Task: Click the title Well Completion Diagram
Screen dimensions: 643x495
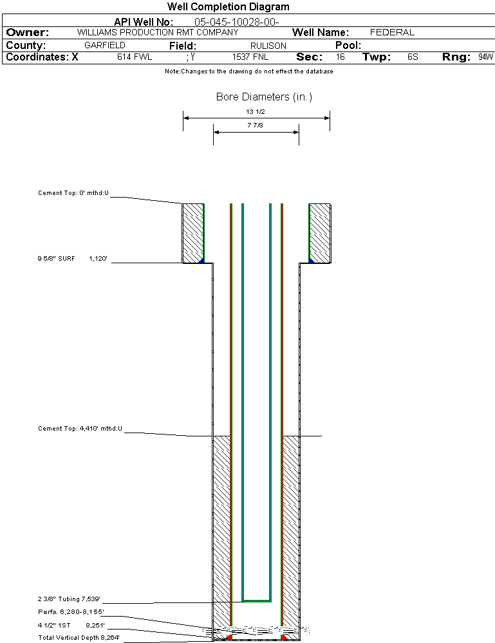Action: coord(229,7)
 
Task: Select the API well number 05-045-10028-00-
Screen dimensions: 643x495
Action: coord(236,22)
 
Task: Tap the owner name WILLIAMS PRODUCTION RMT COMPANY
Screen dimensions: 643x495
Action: coord(157,32)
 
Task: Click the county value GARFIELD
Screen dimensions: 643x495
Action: coord(105,46)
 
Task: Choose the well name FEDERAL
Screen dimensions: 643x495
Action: coord(392,32)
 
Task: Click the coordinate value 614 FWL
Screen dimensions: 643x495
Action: coord(134,57)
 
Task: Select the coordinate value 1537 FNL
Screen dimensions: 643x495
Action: coord(250,57)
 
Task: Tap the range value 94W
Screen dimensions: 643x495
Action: coord(485,57)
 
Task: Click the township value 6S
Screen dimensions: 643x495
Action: coord(413,57)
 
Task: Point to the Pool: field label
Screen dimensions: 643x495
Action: coord(348,46)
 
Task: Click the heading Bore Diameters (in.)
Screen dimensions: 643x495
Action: coord(264,97)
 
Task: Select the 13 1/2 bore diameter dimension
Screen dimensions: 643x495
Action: coord(256,112)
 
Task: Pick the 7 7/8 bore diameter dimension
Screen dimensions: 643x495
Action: coord(256,126)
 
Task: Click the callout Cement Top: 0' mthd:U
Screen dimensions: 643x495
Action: coord(73,192)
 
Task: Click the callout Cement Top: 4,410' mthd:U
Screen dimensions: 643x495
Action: coord(80,428)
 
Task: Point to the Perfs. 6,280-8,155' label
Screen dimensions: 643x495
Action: coord(71,611)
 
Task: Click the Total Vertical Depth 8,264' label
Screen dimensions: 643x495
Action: coord(79,637)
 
